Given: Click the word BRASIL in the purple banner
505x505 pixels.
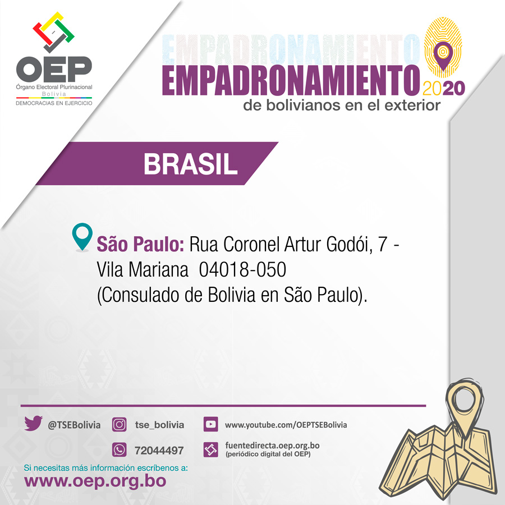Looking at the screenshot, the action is click(190, 164).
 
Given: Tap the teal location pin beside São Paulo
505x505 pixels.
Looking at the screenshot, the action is click(82, 236).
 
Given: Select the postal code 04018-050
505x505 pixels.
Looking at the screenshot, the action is click(242, 269).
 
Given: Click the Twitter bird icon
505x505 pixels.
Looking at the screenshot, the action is click(33, 423).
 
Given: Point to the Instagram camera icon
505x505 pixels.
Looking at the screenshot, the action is click(119, 425).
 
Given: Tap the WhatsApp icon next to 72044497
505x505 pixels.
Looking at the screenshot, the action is click(119, 449).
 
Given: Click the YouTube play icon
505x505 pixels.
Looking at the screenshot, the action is click(210, 424).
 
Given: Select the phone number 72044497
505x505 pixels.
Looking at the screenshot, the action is click(159, 450).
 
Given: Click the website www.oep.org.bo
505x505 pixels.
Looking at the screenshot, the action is click(95, 481).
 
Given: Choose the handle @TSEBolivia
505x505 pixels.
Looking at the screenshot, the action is click(74, 425).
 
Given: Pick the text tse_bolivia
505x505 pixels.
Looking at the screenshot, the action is click(159, 425).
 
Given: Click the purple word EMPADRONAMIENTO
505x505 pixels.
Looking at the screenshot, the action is click(291, 80).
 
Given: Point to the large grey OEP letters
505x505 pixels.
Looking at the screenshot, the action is click(54, 70).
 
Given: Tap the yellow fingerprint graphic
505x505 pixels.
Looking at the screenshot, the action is click(443, 47).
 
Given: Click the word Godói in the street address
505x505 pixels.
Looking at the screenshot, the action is click(349, 244).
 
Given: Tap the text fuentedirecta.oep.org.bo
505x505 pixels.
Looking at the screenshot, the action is click(272, 446).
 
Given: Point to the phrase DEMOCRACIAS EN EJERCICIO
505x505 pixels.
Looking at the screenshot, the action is click(54, 103).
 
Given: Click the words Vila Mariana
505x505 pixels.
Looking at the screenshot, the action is click(143, 269).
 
